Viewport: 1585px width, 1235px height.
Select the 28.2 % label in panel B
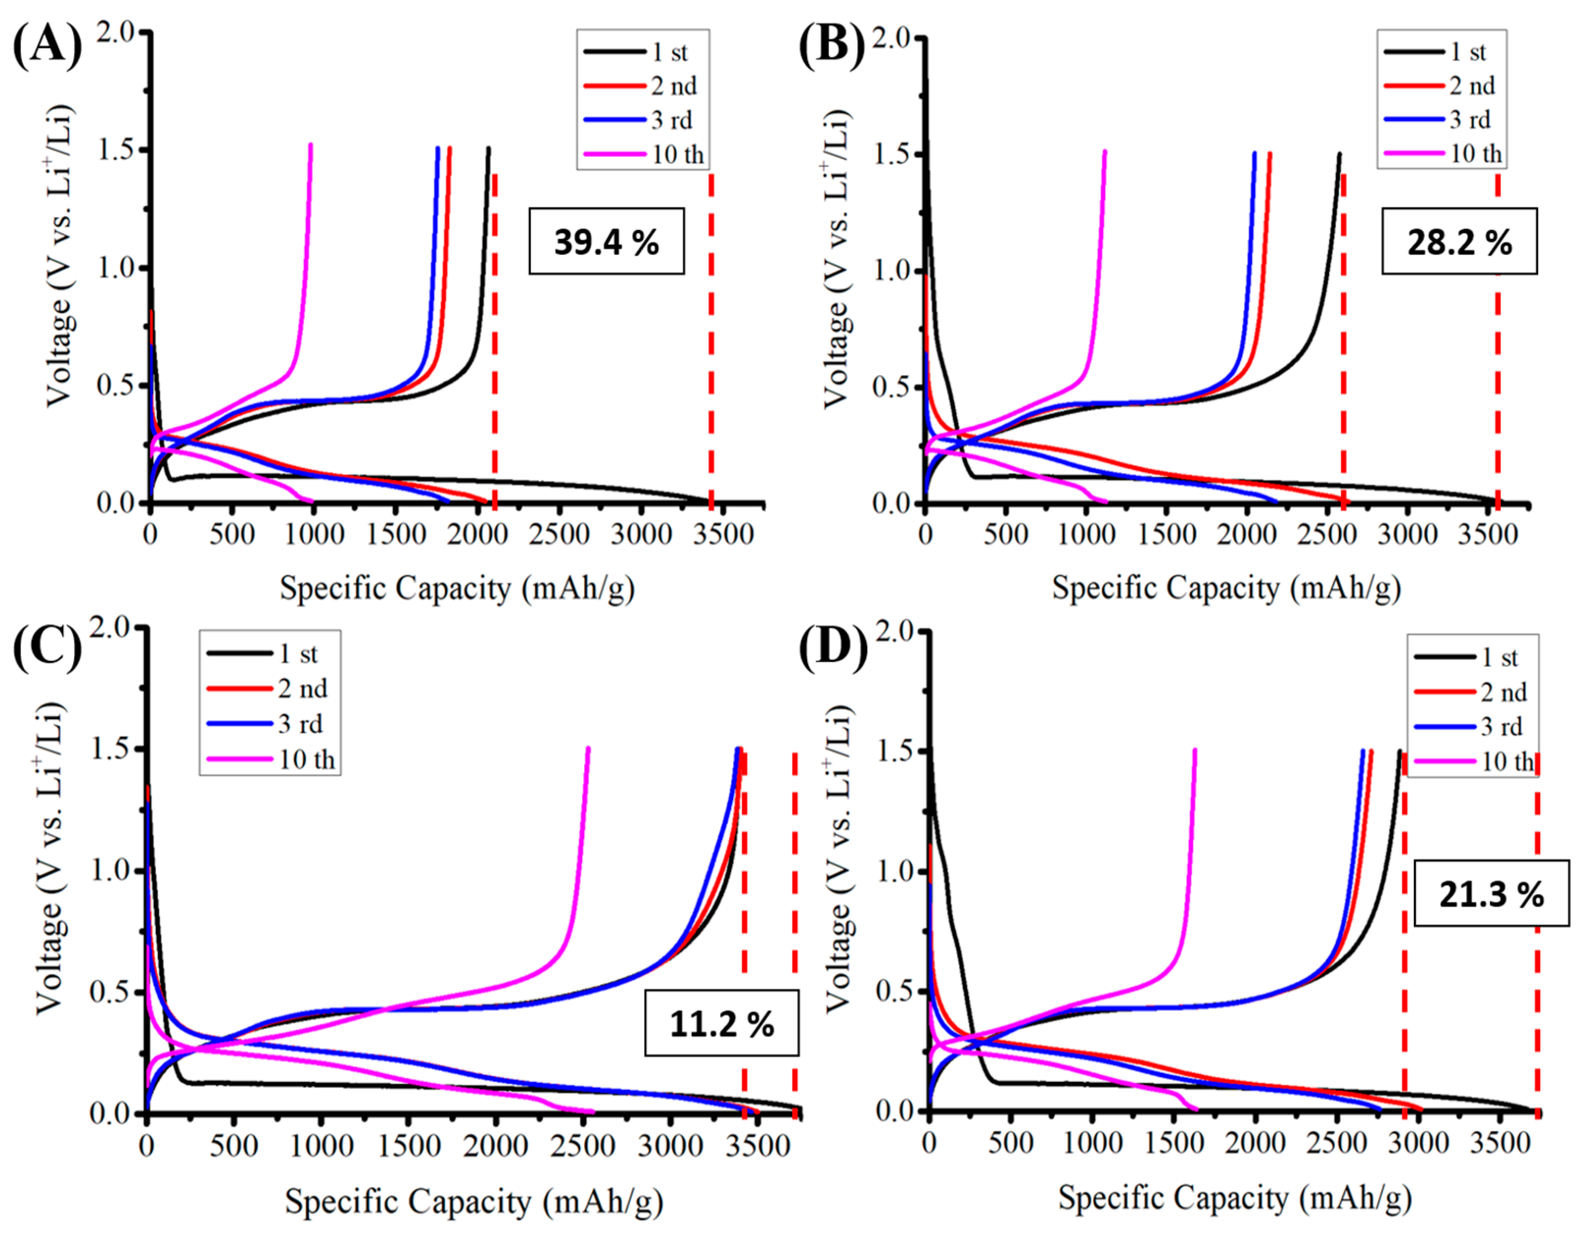[x=1459, y=241]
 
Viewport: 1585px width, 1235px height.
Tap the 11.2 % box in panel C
[x=721, y=1024]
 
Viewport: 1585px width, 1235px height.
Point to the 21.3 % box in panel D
[x=1491, y=894]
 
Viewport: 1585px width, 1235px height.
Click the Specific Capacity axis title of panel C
[x=473, y=1201]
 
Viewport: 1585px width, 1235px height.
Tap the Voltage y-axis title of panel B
[x=836, y=258]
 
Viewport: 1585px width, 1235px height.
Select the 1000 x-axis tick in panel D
[x=1092, y=1143]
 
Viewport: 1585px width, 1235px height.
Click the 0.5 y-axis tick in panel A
[x=117, y=386]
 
